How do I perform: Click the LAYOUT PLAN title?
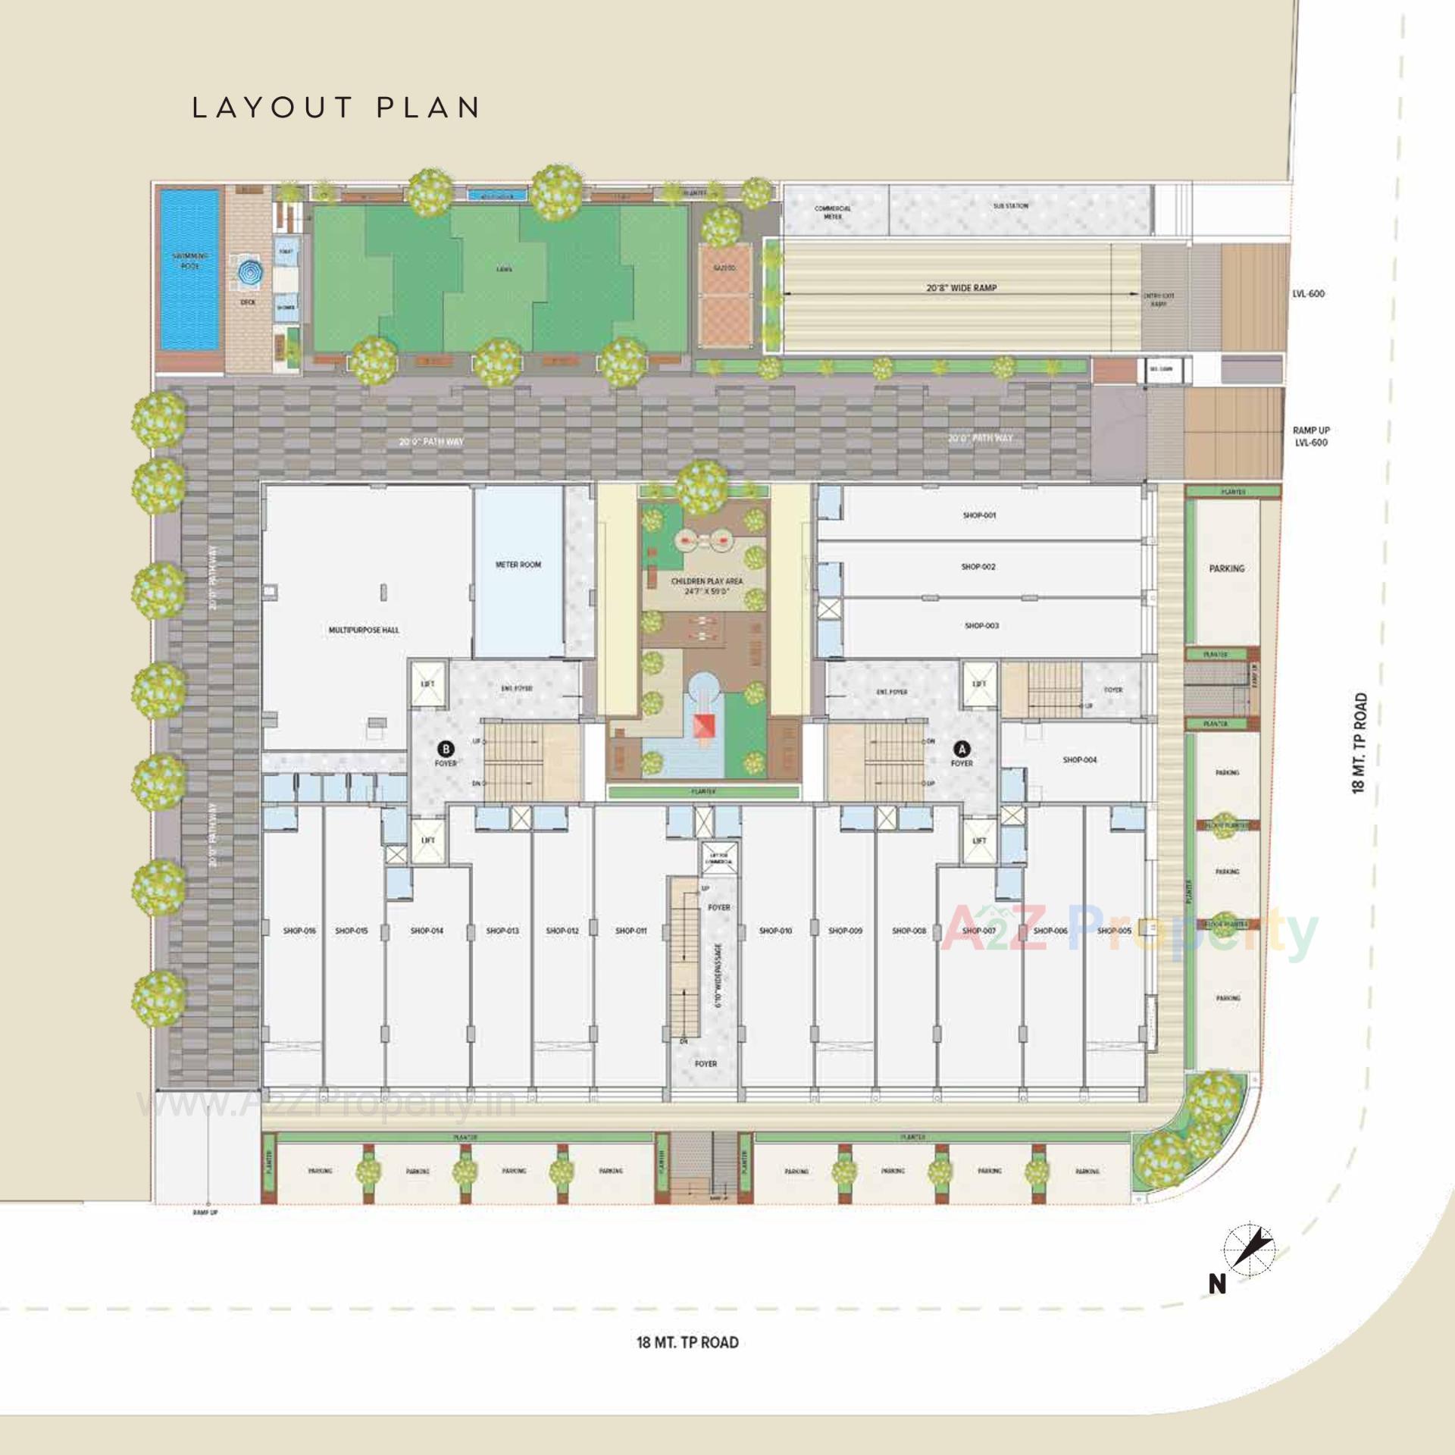click(x=336, y=108)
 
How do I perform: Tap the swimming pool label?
click(x=190, y=261)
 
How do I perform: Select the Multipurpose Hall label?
click(x=364, y=630)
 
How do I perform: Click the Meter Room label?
click(x=518, y=565)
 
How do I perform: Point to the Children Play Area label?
click(x=706, y=584)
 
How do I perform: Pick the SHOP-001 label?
click(x=979, y=515)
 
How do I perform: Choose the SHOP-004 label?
click(x=1079, y=759)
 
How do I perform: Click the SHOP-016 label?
click(x=299, y=931)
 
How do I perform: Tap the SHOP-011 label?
click(x=630, y=931)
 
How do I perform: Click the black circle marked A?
click(x=962, y=749)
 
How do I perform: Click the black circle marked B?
click(x=446, y=749)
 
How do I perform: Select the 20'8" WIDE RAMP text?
click(x=961, y=288)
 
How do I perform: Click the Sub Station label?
click(x=1010, y=206)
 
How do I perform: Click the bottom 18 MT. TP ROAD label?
click(x=687, y=1343)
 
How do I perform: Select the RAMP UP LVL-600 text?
click(x=1311, y=436)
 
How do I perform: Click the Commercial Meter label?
click(x=832, y=212)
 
